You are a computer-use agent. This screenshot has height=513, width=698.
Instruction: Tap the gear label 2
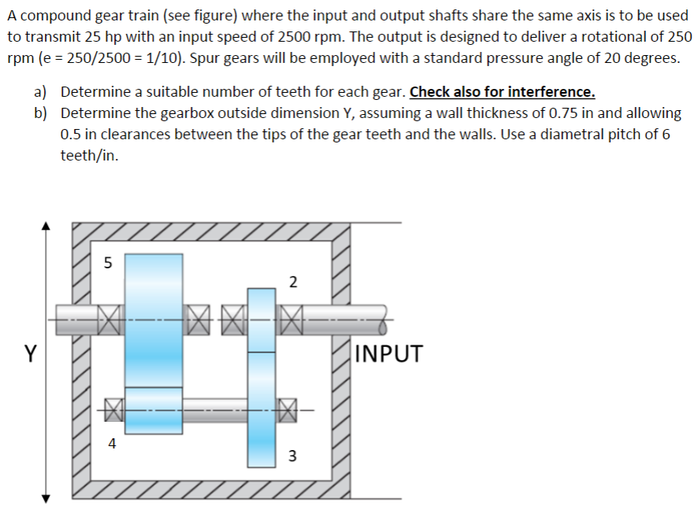coord(292,282)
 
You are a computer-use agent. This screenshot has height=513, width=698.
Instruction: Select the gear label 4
coord(111,444)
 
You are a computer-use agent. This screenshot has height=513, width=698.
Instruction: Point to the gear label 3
coord(292,456)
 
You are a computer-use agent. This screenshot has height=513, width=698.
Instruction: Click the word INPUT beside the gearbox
coord(388,353)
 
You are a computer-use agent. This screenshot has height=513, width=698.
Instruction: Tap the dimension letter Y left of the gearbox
coord(29,354)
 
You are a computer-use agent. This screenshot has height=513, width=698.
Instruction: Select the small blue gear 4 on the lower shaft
coord(154,410)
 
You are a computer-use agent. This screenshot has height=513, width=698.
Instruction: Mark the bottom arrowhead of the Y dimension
coord(46,497)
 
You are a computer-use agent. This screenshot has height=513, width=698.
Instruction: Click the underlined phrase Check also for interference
coord(502,91)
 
